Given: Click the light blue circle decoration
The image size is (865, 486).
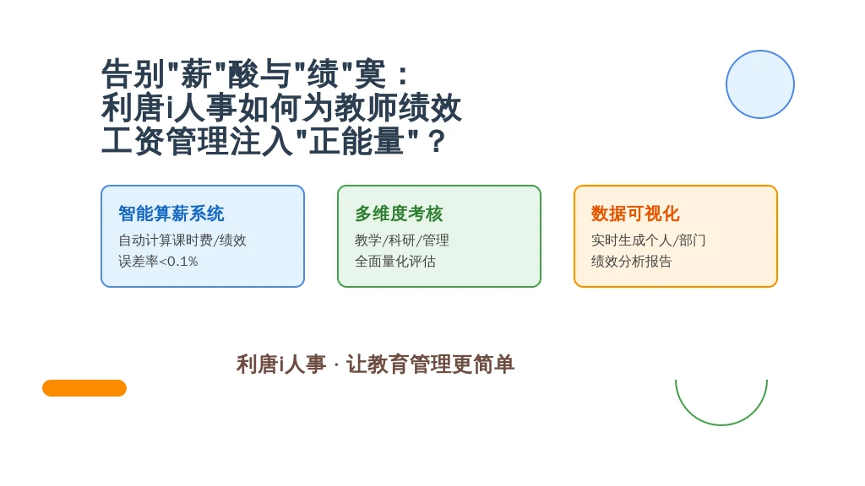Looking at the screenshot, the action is (x=759, y=84).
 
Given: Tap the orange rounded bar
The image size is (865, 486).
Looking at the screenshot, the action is (x=84, y=388).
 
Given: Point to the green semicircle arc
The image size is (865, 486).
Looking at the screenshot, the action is (x=721, y=425).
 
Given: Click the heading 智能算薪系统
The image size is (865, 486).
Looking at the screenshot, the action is (x=171, y=213).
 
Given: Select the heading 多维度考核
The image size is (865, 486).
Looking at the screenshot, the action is (x=399, y=213).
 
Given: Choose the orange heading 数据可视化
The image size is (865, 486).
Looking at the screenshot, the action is (x=635, y=213).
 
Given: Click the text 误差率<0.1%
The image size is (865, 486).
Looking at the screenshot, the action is (x=158, y=262).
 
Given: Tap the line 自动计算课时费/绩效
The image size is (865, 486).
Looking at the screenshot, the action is (x=182, y=240).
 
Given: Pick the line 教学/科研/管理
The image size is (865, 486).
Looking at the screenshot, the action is (x=401, y=240).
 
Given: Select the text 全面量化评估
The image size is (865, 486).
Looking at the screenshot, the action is (x=395, y=262).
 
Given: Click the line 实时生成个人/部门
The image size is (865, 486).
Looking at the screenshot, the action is (x=648, y=240).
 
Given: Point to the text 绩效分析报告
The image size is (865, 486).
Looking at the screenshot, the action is (x=631, y=262).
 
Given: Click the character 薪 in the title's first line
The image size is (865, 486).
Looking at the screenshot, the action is (x=196, y=74).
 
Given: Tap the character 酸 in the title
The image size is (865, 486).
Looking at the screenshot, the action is (x=243, y=74).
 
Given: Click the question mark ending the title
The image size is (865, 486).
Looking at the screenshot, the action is (x=437, y=142).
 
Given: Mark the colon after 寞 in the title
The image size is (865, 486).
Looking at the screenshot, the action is (x=403, y=75).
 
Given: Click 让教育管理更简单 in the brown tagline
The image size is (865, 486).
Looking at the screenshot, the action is (x=430, y=364).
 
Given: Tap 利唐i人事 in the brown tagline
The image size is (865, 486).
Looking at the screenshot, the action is (x=281, y=364).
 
